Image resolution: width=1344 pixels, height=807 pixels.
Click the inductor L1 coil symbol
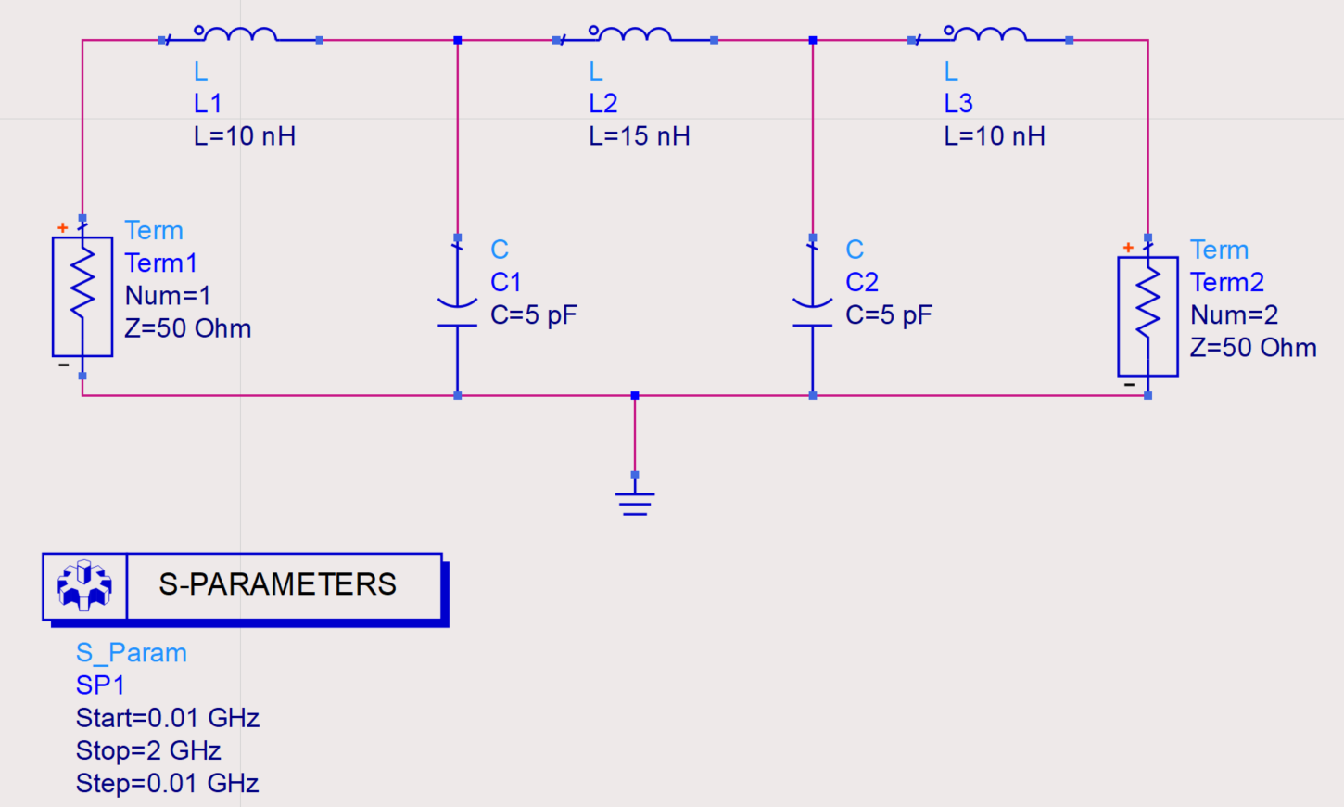point(240,35)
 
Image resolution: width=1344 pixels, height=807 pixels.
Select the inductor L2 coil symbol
point(635,35)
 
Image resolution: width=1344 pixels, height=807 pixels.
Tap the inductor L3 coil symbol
point(990,35)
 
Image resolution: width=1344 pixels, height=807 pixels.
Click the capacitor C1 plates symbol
point(457,314)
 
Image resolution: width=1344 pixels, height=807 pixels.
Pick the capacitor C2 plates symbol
point(812,314)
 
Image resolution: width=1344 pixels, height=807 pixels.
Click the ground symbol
point(635,502)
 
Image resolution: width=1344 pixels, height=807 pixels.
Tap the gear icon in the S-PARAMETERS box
point(84,585)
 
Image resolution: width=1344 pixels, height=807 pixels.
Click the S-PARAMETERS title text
point(277,584)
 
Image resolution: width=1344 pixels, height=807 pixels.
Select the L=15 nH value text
point(640,136)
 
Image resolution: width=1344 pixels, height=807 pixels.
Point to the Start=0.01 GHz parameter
point(168,718)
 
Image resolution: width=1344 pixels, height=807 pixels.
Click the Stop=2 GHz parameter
point(148,750)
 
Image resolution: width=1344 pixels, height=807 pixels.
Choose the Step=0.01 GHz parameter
point(168,784)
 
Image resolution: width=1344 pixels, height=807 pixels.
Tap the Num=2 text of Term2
point(1234,315)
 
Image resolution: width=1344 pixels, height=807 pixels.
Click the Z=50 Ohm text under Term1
point(188,328)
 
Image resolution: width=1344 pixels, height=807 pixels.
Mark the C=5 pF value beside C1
point(534,315)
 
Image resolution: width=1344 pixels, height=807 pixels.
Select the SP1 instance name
point(100,685)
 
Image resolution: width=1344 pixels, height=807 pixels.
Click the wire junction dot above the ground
point(635,396)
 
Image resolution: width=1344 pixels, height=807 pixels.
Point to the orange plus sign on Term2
point(1128,248)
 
